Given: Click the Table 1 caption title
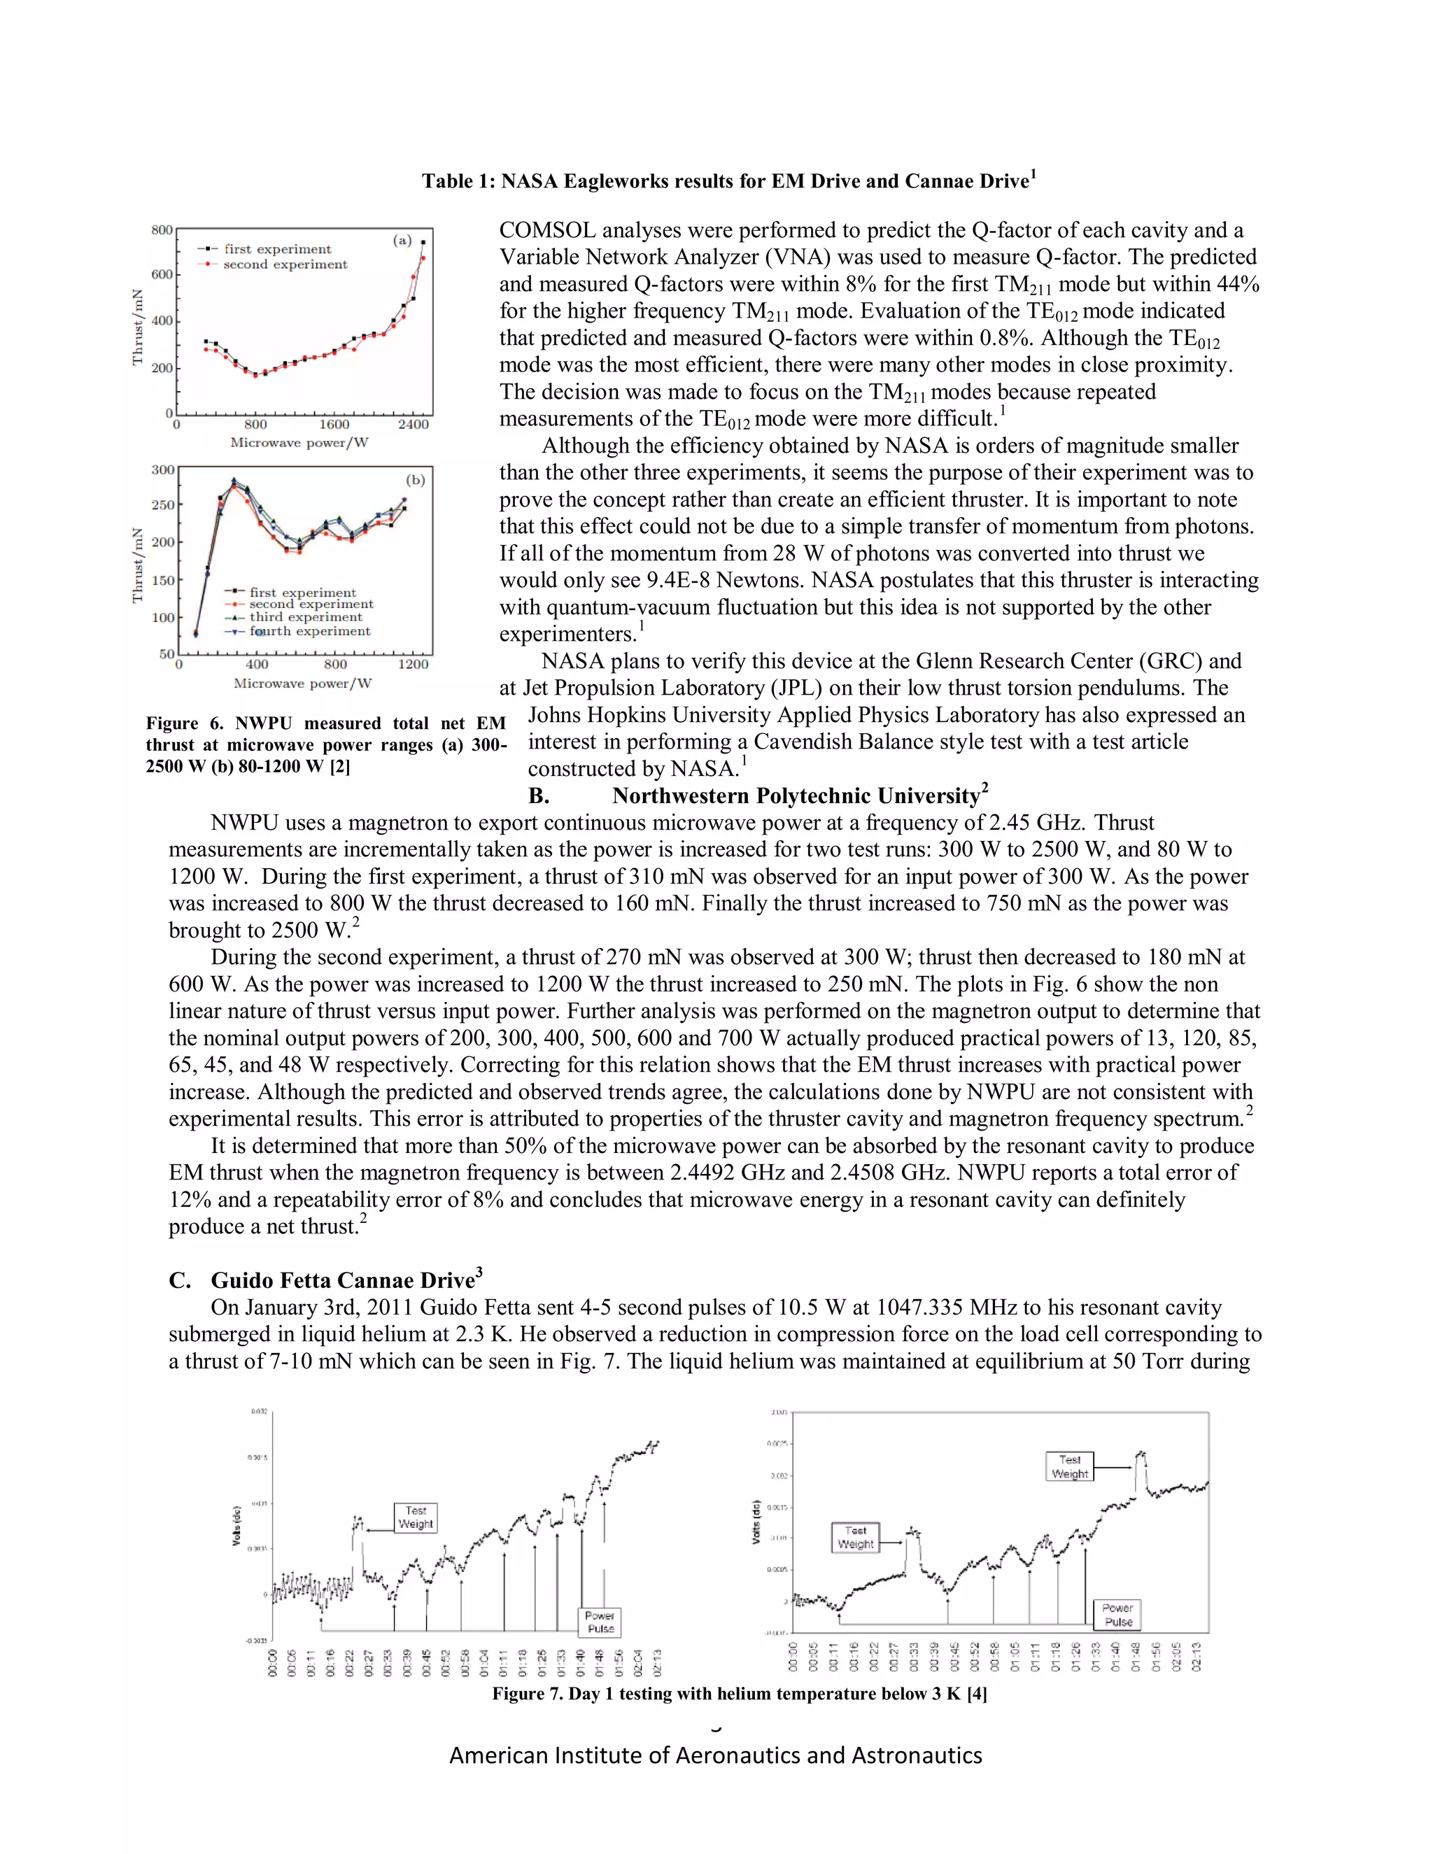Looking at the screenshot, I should (x=728, y=181).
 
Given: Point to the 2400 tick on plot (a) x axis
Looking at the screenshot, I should (x=414, y=425).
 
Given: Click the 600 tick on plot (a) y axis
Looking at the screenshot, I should (x=162, y=275).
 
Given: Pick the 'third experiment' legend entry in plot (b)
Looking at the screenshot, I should (x=306, y=617).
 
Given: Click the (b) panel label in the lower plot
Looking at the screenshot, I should (x=415, y=480).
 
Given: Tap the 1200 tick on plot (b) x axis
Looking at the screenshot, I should (x=414, y=665).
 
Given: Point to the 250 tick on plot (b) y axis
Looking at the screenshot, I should (x=163, y=505).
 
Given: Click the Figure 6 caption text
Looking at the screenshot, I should (x=325, y=744).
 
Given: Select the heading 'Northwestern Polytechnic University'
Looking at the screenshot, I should (x=799, y=795).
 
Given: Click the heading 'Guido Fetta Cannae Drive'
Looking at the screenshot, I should (x=343, y=1280).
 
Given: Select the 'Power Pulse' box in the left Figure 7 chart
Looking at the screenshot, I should (x=600, y=1622).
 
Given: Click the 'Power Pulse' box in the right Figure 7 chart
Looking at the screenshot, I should (x=1117, y=1615).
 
